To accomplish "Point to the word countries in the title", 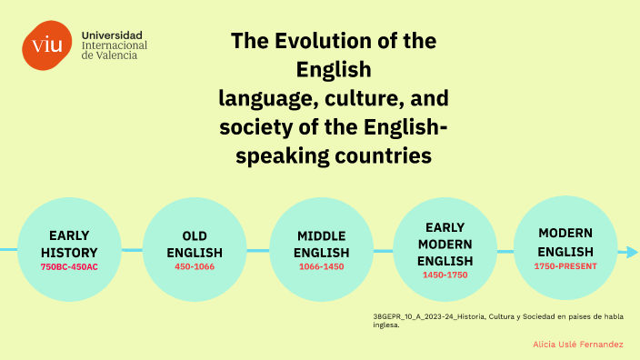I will (382, 155).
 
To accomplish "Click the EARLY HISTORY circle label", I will (69, 243).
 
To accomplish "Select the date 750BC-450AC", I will (69, 266).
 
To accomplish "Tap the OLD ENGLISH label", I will (195, 243).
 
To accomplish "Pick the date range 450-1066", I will (195, 266).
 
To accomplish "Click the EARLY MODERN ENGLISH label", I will (445, 244).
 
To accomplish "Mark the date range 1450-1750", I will (445, 275).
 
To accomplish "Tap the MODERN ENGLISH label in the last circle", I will (565, 242).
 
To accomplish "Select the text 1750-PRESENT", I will (565, 265).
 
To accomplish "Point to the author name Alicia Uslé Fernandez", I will (578, 345).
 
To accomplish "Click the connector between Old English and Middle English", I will (258, 250).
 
